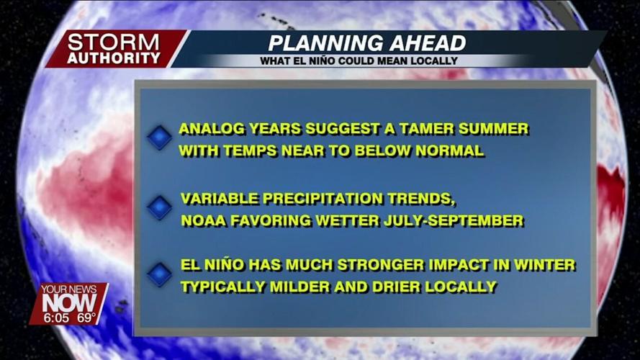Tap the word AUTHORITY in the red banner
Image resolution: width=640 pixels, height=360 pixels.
coord(113,58)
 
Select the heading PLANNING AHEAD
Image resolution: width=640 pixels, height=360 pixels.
coord(366,42)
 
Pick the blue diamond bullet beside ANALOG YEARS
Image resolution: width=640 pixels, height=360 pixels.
coord(159,138)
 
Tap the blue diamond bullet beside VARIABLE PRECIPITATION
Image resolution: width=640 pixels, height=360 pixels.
coord(159,207)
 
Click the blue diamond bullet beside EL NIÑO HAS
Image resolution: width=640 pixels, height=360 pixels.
coord(159,274)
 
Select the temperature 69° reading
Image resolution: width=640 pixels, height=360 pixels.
coord(86,315)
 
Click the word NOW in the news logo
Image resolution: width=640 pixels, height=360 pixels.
coord(68,303)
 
